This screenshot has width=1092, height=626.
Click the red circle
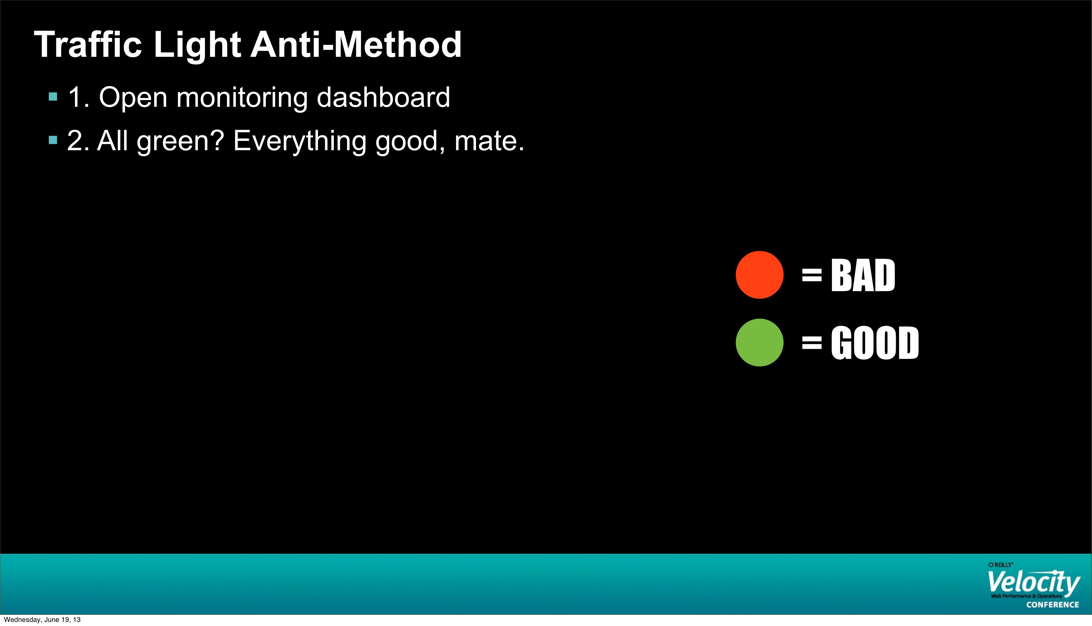pos(760,275)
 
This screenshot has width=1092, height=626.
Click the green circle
pos(760,343)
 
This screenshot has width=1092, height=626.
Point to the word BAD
pos(863,275)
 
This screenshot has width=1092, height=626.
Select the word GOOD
pos(875,343)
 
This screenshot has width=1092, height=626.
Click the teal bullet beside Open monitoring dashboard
pos(53,97)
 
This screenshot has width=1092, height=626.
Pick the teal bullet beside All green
pos(53,140)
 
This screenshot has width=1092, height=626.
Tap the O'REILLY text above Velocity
pos(1001,565)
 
